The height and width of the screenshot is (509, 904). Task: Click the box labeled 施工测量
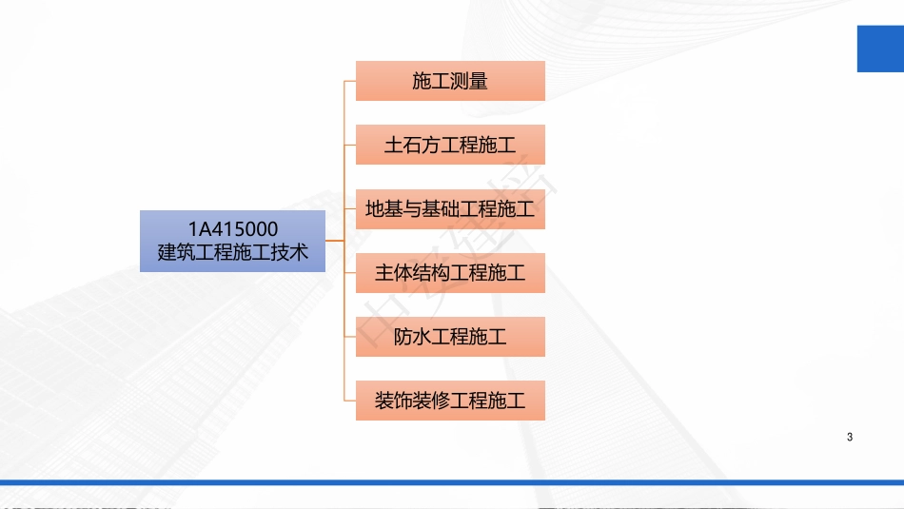[450, 81]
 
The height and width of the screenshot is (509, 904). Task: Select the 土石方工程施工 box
[450, 145]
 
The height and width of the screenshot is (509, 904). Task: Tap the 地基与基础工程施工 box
[450, 209]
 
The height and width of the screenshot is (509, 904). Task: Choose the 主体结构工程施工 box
[450, 273]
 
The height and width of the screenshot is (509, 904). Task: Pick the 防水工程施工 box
[450, 337]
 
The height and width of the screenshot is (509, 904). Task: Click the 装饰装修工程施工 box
[450, 401]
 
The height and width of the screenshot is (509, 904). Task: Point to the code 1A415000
[232, 228]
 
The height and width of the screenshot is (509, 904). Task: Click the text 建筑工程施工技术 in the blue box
[232, 253]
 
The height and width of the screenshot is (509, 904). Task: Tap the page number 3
[849, 438]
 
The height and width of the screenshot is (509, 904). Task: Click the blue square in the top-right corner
[880, 48]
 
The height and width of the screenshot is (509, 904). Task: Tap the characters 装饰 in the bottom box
[393, 401]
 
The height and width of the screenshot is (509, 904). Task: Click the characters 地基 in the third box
[383, 209]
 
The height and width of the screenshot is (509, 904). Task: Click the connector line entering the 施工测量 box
[349, 81]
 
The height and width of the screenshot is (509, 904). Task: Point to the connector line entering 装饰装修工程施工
[349, 401]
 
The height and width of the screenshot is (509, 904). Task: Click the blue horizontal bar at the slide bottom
[452, 482]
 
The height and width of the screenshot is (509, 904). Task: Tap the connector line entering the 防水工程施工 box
[349, 337]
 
